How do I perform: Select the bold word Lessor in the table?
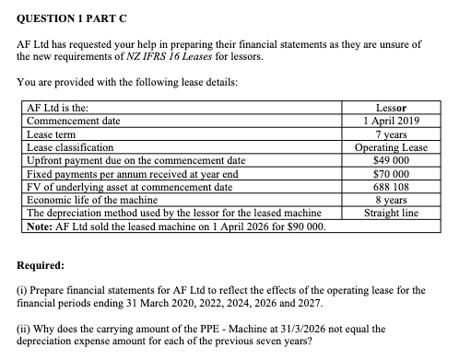coord(388,108)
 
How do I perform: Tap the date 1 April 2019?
coord(388,121)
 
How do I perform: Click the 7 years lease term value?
coord(388,134)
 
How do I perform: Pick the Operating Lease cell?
coord(388,146)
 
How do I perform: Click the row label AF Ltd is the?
coord(57,108)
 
